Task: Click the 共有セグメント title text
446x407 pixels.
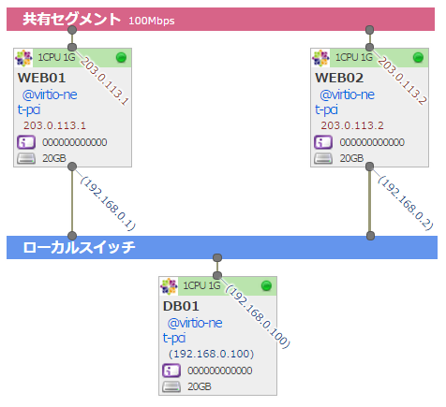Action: [x=71, y=19]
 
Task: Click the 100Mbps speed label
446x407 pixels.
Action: [x=151, y=20]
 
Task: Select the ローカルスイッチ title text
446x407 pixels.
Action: [x=79, y=248]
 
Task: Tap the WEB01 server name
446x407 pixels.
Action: [x=41, y=77]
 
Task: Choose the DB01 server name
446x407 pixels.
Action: [x=181, y=306]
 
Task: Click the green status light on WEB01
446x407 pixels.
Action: [x=120, y=58]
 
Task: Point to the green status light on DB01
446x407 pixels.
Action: [x=265, y=285]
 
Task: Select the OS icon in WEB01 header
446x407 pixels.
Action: [x=24, y=57]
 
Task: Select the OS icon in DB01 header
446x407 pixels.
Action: [x=170, y=285]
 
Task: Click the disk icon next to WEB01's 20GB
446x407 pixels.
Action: [x=25, y=158]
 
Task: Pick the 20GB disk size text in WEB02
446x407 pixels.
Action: [x=350, y=158]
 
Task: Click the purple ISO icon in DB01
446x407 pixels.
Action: [x=171, y=371]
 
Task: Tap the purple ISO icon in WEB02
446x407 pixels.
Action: [x=322, y=142]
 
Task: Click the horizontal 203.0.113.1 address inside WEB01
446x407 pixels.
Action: [x=55, y=124]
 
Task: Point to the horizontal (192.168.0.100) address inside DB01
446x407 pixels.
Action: [x=211, y=354]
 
